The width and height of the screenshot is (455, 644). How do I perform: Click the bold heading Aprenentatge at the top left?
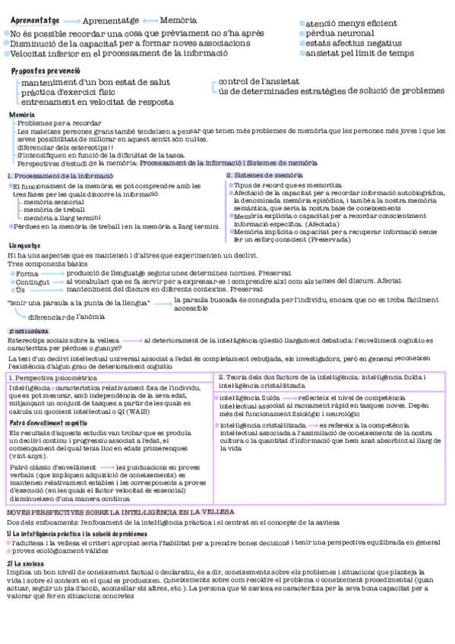35,19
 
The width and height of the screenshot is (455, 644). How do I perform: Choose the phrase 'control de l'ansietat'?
258,80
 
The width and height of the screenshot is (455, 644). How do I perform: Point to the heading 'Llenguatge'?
25,245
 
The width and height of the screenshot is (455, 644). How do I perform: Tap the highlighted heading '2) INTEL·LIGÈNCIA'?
29,331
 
